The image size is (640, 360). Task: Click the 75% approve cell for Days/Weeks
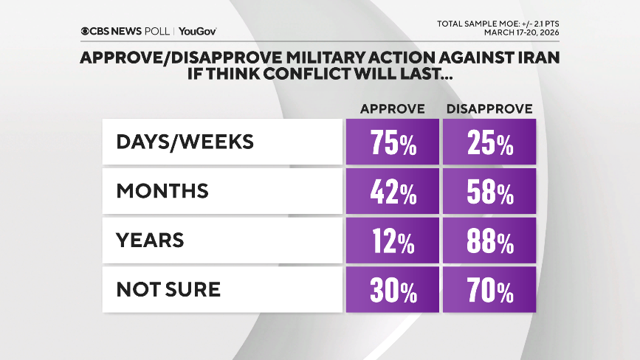coord(392,142)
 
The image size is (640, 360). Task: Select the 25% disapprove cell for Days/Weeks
coord(489,142)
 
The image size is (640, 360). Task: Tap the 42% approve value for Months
coord(392,192)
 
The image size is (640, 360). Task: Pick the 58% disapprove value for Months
coord(489,192)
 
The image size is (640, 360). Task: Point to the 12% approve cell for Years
coord(392,241)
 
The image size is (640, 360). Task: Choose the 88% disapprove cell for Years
coord(489,241)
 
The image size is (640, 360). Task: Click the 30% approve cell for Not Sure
coord(392,290)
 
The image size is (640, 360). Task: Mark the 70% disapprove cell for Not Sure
coord(489,290)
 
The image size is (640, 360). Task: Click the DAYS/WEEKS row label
coord(185,142)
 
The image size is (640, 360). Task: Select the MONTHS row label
coord(162,192)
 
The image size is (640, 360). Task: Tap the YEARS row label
coord(150,241)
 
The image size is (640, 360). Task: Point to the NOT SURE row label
coord(168,290)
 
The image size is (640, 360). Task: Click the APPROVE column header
coord(392,109)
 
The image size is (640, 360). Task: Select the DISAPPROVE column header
coord(489,109)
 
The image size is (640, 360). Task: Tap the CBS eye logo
coord(87,32)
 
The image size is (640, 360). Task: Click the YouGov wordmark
coord(197,32)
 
